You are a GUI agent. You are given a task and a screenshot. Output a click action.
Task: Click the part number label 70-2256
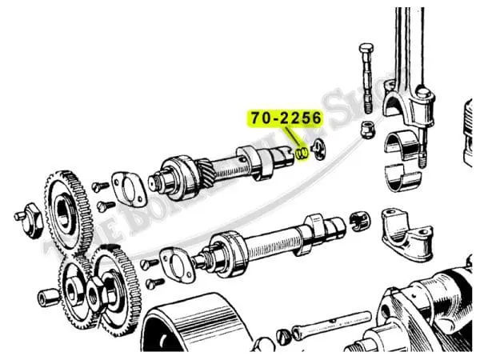click(x=286, y=118)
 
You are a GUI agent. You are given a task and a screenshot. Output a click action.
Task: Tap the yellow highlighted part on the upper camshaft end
click(x=302, y=152)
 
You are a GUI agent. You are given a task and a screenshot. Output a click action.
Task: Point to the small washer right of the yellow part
click(x=319, y=148)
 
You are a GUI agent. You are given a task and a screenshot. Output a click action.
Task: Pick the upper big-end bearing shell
click(x=401, y=148)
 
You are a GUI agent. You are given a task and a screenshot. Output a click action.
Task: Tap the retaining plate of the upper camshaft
click(x=127, y=188)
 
